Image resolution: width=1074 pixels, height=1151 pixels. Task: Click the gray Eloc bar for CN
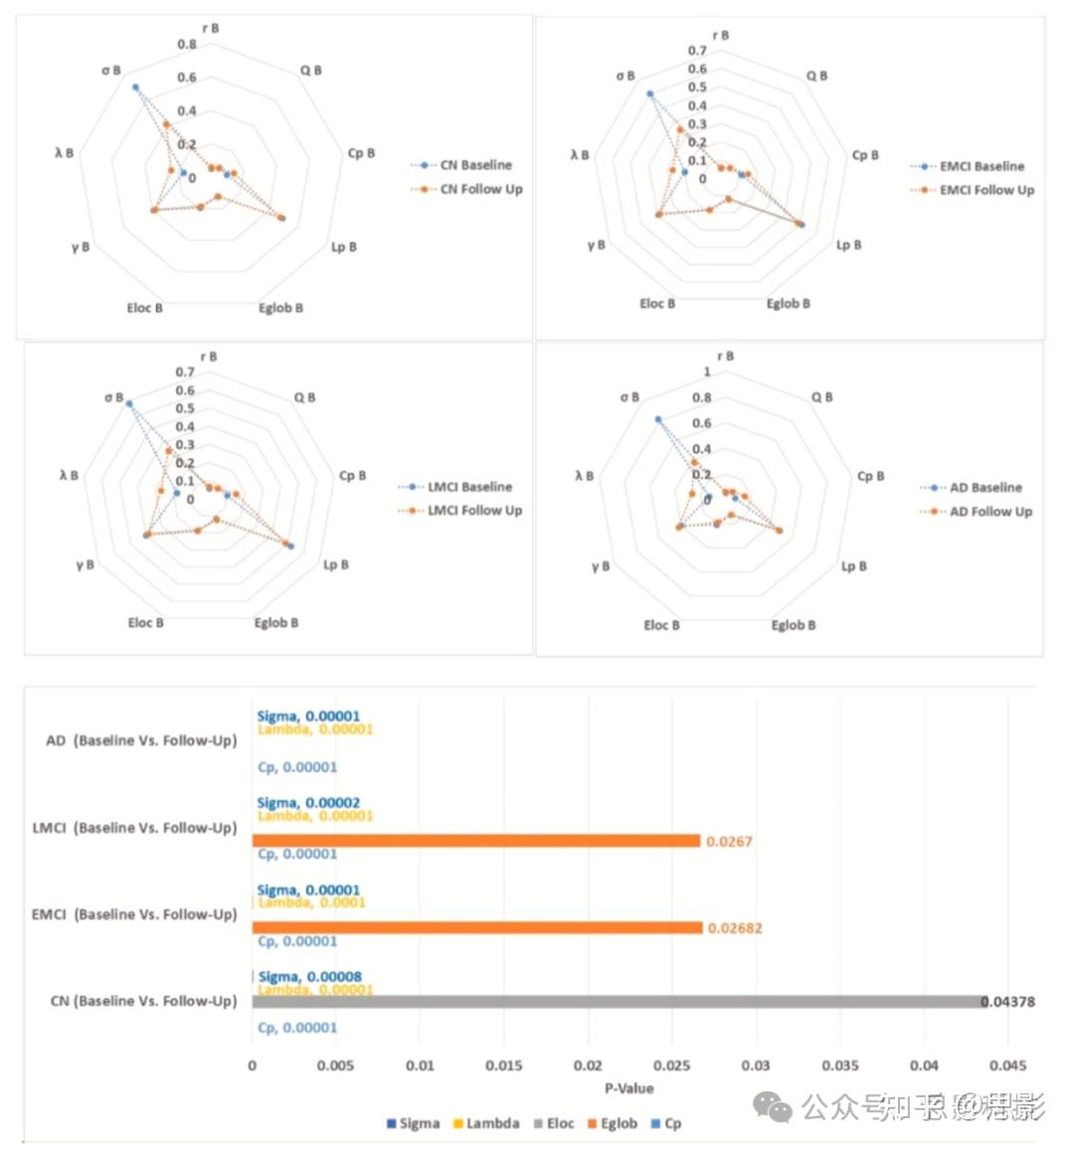point(617,1002)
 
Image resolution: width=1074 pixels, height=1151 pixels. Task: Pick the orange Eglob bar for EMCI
point(477,927)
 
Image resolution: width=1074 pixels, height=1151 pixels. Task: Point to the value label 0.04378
point(1008,1002)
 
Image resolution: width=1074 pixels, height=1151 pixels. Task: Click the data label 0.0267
point(729,842)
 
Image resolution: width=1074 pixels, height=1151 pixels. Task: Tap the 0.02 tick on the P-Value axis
point(589,1066)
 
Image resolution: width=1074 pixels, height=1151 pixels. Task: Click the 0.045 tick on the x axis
point(1008,1066)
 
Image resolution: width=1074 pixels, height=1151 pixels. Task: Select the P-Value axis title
point(629,1087)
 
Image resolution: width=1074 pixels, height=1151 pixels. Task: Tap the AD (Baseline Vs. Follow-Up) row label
point(141,740)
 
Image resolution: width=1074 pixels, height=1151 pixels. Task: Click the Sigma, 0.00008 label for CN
point(308,977)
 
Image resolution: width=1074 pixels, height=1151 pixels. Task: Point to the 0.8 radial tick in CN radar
point(187,45)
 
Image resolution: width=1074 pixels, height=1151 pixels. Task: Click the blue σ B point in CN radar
point(135,87)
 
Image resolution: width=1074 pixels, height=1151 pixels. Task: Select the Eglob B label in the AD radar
point(794,625)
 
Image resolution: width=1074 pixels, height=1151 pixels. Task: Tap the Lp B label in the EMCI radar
point(848,245)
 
